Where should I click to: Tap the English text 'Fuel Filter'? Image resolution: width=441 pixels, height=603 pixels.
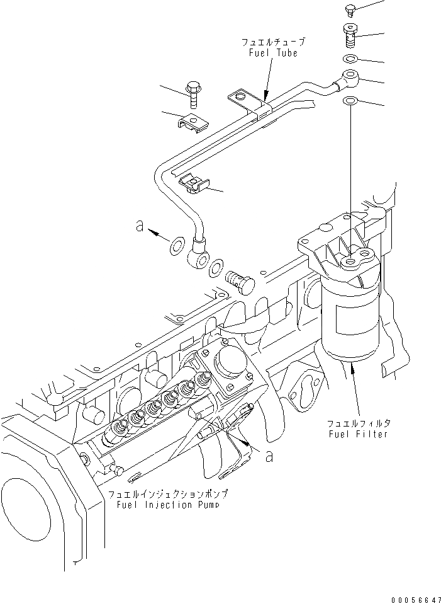pos(359,434)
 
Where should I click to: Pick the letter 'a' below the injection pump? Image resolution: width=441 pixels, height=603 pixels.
pos(270,457)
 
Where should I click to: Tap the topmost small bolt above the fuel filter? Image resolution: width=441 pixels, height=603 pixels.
pos(351,9)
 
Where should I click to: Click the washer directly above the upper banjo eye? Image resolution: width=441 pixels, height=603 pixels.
pos(350,59)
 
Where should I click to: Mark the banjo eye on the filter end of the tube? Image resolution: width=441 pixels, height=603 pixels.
pos(348,80)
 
